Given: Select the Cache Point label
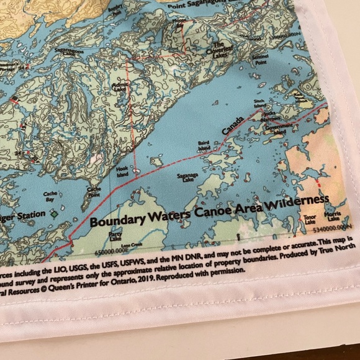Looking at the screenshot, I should click(94, 192).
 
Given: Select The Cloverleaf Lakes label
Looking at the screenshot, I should click(220, 48).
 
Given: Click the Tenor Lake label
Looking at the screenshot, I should click(309, 218).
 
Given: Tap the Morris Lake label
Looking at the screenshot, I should click(334, 218).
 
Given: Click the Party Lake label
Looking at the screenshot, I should click(115, 235).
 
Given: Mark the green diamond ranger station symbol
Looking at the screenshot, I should click(55, 214).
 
